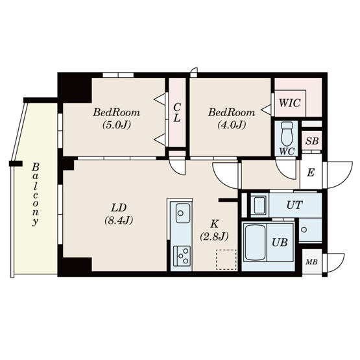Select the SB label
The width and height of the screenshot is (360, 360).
pyautogui.click(x=311, y=141)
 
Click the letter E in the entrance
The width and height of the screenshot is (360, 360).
pyautogui.click(x=311, y=173)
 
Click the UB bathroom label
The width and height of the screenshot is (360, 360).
pyautogui.click(x=280, y=243)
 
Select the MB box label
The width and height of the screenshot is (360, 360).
pyautogui.click(x=311, y=262)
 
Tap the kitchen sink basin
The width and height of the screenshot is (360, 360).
pyautogui.click(x=181, y=211)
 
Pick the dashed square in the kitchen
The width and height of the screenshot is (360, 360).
pyautogui.click(x=224, y=259)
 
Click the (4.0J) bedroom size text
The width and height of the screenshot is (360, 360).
pyautogui.click(x=231, y=125)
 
